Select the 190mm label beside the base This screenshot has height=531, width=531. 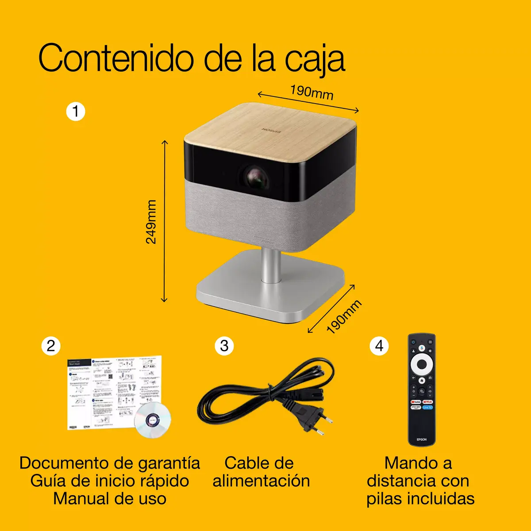pos(344,316)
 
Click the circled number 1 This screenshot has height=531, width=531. pos(75,111)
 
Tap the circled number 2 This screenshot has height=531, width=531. pos(51,346)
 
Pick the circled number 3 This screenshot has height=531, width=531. pos(224,346)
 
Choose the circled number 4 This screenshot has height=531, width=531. pos(379,346)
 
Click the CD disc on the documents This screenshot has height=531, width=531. pos(152,419)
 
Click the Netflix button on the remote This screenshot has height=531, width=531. pos(427,402)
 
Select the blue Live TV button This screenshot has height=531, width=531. pos(427,407)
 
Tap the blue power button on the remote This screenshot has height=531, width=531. pos(413,342)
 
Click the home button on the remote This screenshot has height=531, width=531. pos(422,380)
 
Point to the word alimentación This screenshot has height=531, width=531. pos(261,481)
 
